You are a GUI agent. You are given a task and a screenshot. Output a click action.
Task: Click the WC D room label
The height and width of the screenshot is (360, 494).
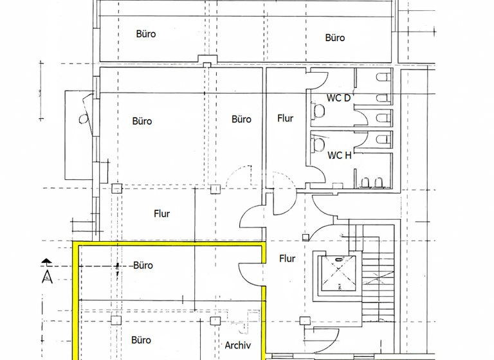(339, 98)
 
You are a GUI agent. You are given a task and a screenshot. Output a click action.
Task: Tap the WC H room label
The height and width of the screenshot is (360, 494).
(339, 155)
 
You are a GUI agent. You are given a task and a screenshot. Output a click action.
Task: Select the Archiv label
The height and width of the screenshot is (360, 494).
(237, 346)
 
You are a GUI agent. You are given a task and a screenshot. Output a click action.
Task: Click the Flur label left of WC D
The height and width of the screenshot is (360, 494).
(286, 118)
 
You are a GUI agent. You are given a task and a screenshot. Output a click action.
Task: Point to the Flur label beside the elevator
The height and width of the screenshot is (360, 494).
(288, 258)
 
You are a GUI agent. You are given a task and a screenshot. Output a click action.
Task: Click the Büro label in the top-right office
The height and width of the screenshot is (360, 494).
(335, 38)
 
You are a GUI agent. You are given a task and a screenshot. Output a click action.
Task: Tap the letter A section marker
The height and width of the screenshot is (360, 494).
(47, 277)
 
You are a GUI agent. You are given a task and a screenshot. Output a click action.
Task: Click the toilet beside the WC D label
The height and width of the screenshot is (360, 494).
(317, 112)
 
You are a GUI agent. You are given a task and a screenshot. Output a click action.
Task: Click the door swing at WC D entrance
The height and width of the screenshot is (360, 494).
(319, 80)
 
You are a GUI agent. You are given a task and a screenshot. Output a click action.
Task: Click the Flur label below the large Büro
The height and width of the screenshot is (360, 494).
(162, 214)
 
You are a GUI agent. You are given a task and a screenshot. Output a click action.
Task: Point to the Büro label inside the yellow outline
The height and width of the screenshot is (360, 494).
(143, 265)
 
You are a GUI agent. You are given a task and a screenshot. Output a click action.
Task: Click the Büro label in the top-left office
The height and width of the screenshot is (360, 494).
(146, 33)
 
